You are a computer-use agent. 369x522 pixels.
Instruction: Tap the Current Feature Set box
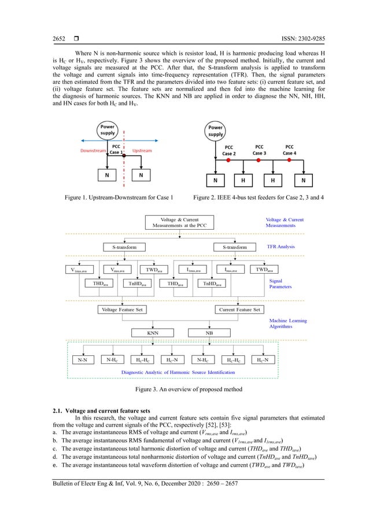239,309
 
